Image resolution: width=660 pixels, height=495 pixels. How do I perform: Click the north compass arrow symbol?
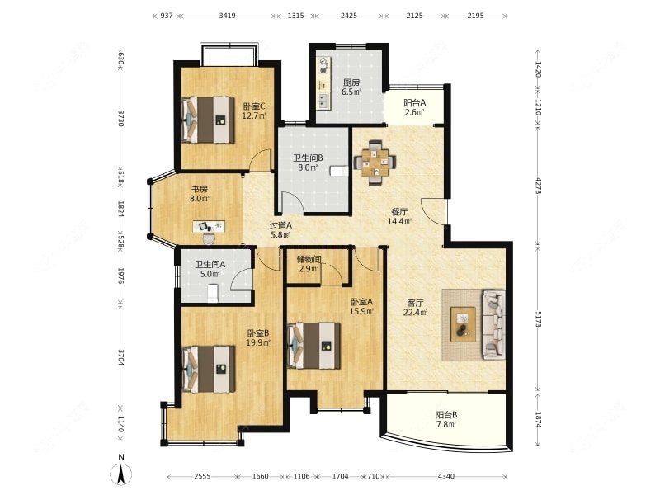pyautogui.click(x=120, y=475)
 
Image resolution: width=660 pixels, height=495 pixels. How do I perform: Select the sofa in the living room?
pyautogui.click(x=493, y=324)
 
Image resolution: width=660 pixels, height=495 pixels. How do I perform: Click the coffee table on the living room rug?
pyautogui.click(x=463, y=324)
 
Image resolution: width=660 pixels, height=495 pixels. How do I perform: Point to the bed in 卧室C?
pyautogui.click(x=208, y=120)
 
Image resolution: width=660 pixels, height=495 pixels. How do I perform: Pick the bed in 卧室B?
pyautogui.click(x=209, y=369)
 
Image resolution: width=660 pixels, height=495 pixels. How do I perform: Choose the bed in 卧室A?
pyautogui.click(x=314, y=346)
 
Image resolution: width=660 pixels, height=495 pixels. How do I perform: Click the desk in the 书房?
pyautogui.click(x=209, y=226)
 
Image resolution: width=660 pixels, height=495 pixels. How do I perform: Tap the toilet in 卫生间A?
pyautogui.click(x=214, y=294)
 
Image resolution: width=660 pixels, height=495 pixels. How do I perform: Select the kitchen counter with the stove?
pyautogui.click(x=323, y=83)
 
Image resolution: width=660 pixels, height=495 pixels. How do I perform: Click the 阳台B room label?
pyautogui.click(x=446, y=415)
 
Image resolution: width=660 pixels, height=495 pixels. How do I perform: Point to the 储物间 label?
pyautogui.click(x=309, y=259)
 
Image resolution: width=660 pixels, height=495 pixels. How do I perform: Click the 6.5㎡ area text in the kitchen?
pyautogui.click(x=351, y=92)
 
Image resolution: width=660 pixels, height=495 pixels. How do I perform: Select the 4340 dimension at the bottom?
pyautogui.click(x=446, y=477)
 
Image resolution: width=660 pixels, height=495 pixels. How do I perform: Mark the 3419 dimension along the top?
pyautogui.click(x=228, y=16)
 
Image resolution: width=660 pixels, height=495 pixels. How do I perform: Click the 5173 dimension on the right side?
pyautogui.click(x=539, y=319)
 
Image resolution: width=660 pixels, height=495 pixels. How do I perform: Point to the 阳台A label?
pyautogui.click(x=415, y=102)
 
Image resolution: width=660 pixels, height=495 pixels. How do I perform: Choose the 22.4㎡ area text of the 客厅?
pyautogui.click(x=416, y=313)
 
